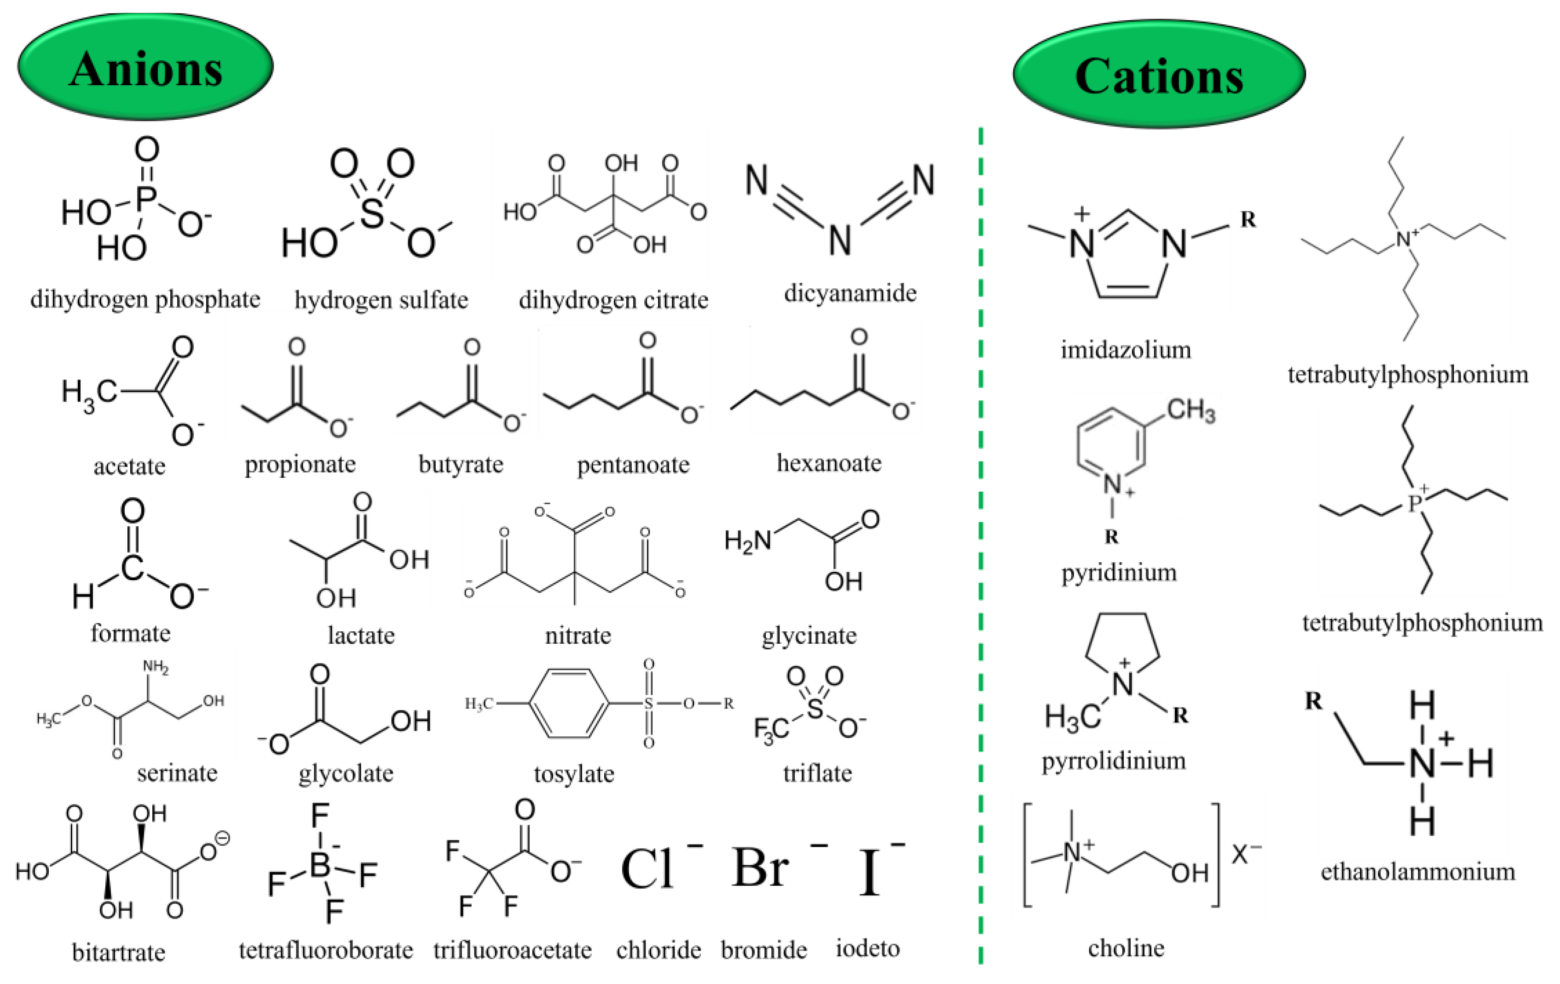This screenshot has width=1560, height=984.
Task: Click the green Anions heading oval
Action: click(145, 67)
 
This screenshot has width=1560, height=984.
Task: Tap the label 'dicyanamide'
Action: click(850, 293)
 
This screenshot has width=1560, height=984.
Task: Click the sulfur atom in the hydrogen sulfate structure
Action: click(371, 211)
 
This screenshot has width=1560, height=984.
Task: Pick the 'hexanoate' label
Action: click(829, 463)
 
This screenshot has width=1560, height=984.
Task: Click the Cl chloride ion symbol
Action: click(647, 868)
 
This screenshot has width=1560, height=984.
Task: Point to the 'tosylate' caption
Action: click(574, 773)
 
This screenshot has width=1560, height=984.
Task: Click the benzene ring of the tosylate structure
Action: click(569, 703)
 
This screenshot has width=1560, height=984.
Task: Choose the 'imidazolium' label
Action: click(1125, 350)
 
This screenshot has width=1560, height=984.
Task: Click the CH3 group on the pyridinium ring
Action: click(1191, 410)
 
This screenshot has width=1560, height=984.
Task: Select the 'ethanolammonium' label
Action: click(1417, 872)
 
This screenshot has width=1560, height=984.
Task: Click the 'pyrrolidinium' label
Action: click(1114, 760)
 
